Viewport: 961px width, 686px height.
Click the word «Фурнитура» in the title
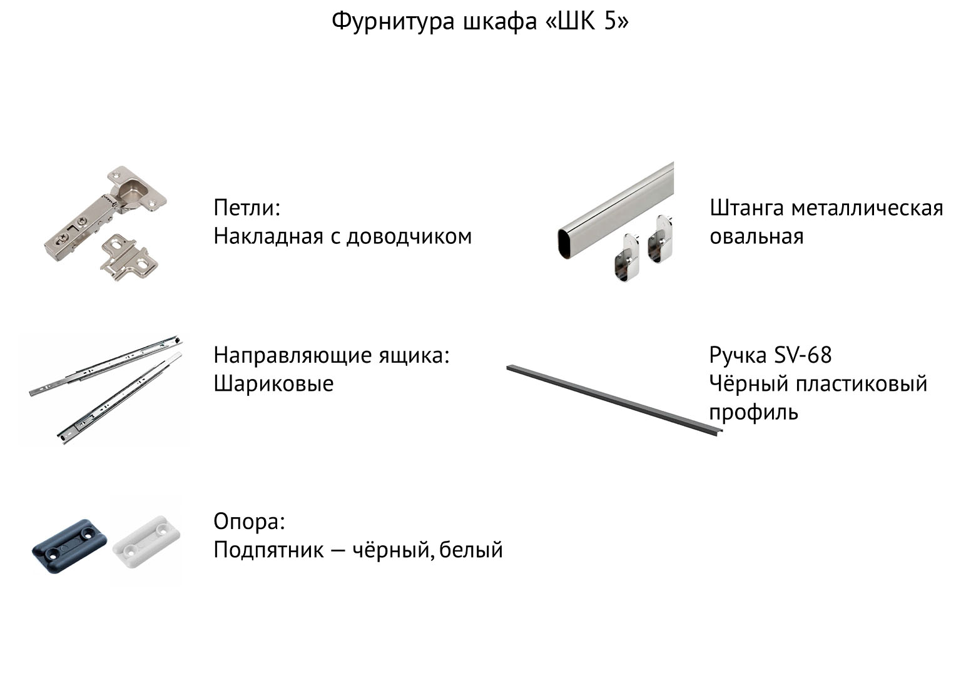point(392,21)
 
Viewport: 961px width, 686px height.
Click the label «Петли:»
point(247,208)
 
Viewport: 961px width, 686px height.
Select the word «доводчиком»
point(409,236)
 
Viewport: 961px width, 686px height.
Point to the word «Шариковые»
point(273,383)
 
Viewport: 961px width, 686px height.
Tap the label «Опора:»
point(249,522)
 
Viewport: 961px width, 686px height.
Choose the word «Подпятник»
point(268,550)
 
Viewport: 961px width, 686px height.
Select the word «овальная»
point(756,236)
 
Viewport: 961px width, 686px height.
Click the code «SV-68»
point(803,355)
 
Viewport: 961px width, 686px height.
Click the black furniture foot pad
point(69,546)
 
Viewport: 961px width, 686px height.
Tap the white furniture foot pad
point(146,541)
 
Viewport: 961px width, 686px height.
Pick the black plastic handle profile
point(614,400)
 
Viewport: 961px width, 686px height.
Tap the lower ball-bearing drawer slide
point(119,398)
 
